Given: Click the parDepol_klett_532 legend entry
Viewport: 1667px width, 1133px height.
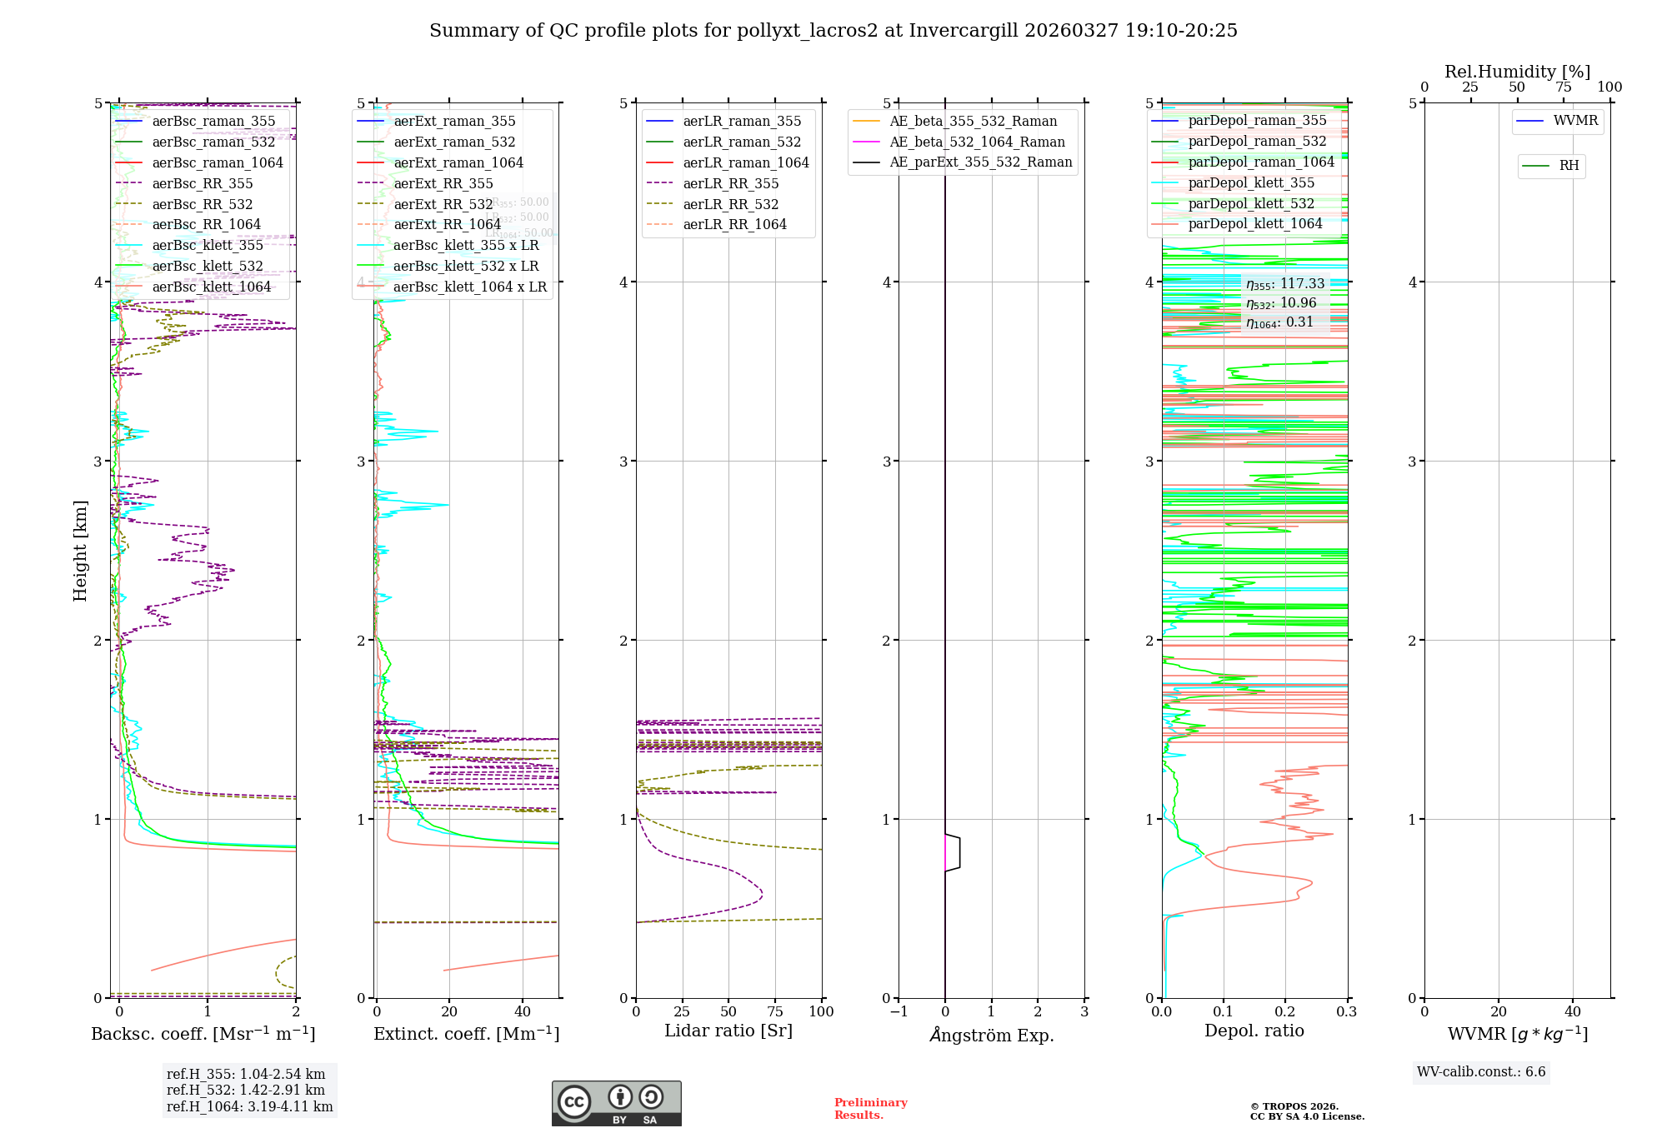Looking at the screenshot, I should tap(1250, 204).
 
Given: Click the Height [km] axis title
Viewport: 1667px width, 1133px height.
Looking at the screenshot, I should tap(80, 550).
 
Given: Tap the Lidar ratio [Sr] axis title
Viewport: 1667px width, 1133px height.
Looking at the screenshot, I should tap(728, 1031).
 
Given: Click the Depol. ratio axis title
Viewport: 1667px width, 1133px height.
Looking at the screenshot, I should tap(1254, 1031).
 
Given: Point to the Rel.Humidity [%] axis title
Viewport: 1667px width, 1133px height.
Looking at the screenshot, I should tap(1517, 72).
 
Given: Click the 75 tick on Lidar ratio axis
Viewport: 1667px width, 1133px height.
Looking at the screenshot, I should tap(775, 1012).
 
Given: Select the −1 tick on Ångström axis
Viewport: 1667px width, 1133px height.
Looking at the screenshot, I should tap(899, 1012).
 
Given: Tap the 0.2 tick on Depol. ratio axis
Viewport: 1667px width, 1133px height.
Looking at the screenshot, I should tap(1284, 1012).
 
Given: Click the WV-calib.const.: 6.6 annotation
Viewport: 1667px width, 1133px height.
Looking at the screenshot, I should tap(1480, 1072).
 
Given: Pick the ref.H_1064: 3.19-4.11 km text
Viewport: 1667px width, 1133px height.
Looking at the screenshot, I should tap(249, 1107).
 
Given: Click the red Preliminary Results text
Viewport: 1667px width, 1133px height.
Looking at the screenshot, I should tap(870, 1109).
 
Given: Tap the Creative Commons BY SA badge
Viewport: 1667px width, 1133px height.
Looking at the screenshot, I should tap(616, 1103).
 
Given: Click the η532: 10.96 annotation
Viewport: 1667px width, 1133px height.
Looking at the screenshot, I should tap(1281, 303).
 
